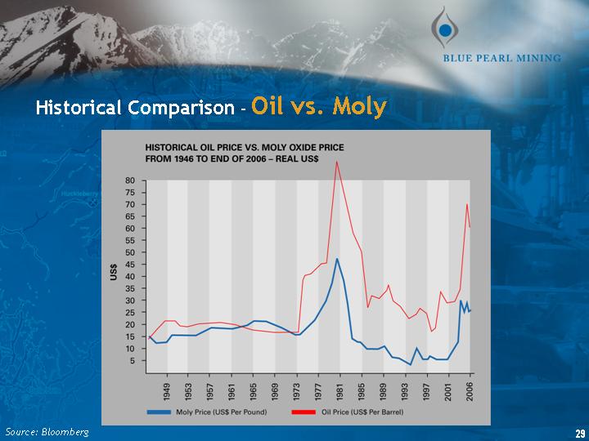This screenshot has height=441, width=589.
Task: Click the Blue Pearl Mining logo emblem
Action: click(444, 27)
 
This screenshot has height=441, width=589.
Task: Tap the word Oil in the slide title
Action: click(269, 107)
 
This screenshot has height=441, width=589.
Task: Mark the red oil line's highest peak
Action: click(336, 162)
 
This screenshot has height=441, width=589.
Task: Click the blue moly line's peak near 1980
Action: click(337, 259)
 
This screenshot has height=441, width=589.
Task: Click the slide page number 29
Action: click(580, 431)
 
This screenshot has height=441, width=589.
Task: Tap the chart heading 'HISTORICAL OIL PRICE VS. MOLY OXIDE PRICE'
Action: click(244, 147)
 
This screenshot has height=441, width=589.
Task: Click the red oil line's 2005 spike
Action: click(466, 204)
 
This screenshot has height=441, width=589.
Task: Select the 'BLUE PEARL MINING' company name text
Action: click(501, 58)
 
